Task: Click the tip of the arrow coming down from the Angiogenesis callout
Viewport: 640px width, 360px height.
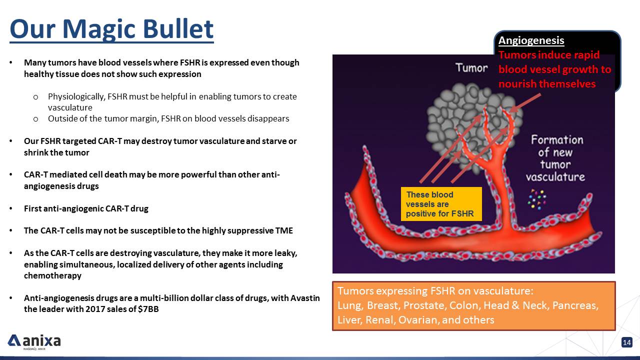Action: [x=509, y=111]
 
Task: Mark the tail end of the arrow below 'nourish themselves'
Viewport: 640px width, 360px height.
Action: [x=540, y=94]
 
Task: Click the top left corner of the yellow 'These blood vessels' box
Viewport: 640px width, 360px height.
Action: [x=401, y=187]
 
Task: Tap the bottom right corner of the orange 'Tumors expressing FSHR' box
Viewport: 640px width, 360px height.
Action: [x=615, y=330]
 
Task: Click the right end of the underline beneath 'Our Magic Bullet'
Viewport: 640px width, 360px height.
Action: [x=213, y=42]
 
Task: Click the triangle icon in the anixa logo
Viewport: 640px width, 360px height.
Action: [x=14, y=340]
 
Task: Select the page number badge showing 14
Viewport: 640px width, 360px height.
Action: [x=627, y=342]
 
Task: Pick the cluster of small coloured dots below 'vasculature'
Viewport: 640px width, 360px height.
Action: [x=536, y=199]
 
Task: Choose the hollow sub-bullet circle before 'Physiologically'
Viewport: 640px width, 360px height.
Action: [x=35, y=97]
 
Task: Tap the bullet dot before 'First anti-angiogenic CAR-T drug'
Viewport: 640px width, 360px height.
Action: [x=11, y=208]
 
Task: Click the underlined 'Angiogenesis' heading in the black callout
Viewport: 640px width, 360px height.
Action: [x=531, y=40]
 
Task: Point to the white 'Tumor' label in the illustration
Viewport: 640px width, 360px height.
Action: [x=471, y=68]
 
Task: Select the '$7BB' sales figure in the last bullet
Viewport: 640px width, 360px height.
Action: [x=148, y=309]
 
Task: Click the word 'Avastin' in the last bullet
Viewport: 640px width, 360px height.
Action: [x=305, y=298]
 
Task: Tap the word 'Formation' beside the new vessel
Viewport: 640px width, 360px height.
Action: [x=557, y=140]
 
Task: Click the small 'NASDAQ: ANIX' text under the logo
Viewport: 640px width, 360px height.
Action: [x=34, y=349]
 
